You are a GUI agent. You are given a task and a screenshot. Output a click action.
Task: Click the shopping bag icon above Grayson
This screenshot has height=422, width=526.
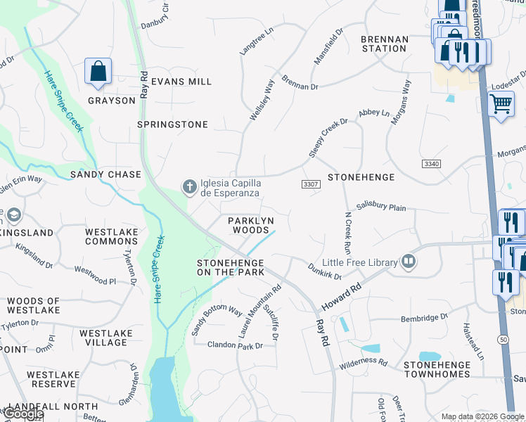(98, 72)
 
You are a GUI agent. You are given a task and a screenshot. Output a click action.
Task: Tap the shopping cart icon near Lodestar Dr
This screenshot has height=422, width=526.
(500, 105)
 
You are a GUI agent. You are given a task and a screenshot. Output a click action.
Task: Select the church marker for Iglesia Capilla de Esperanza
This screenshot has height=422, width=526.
(189, 187)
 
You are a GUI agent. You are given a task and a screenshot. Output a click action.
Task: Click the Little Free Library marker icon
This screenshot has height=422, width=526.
(409, 262)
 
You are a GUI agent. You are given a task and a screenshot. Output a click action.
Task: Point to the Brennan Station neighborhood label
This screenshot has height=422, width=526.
(384, 44)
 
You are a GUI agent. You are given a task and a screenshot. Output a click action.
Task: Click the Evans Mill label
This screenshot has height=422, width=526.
(181, 82)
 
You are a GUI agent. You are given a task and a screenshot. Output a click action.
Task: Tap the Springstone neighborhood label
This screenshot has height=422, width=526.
(172, 124)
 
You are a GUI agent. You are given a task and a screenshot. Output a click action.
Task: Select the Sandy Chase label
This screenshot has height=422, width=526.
(105, 174)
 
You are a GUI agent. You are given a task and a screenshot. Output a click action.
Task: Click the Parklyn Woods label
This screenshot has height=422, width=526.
(248, 225)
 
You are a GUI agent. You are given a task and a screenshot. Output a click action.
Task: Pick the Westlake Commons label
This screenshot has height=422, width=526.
(111, 236)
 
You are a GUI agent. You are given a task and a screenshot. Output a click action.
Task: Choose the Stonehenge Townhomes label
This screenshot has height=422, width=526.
(437, 369)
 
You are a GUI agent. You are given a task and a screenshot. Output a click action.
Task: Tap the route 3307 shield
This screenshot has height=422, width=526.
(310, 184)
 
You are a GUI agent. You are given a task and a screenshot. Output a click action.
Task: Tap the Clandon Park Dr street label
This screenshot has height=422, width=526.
(235, 345)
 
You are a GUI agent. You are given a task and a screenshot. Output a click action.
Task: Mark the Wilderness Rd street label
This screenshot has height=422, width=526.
(363, 363)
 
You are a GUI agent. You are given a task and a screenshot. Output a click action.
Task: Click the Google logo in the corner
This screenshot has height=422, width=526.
(23, 414)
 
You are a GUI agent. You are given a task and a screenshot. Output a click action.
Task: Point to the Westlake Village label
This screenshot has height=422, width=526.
(103, 338)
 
